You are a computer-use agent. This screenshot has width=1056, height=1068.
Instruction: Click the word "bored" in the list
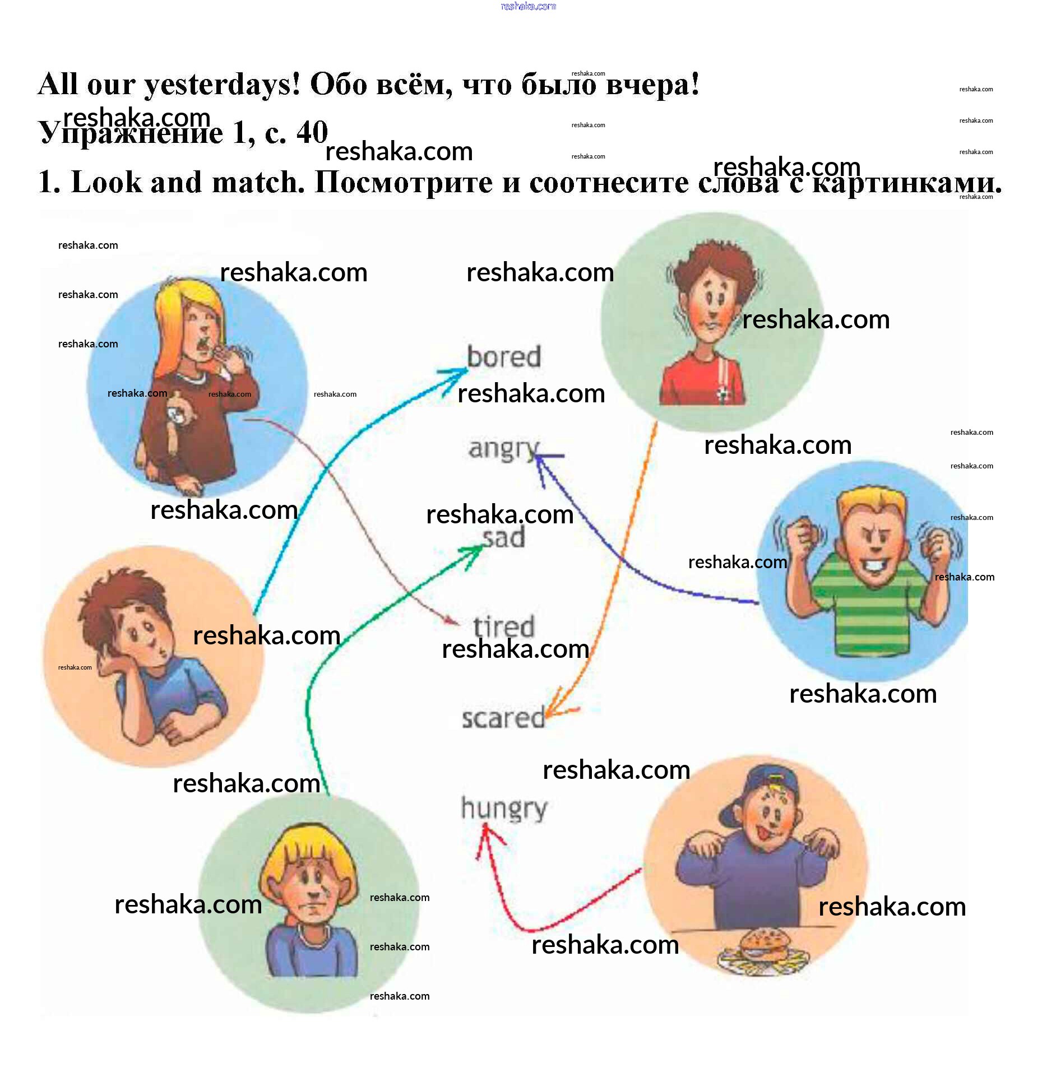(503, 357)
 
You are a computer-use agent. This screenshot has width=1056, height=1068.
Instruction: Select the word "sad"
(503, 537)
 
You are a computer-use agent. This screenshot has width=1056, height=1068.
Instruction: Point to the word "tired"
(503, 626)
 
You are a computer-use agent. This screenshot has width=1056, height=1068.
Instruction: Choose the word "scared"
(503, 718)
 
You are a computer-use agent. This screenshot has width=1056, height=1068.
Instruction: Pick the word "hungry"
(503, 809)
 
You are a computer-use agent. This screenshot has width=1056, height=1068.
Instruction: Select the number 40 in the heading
(312, 132)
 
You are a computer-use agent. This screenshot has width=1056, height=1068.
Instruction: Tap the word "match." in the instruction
(258, 182)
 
